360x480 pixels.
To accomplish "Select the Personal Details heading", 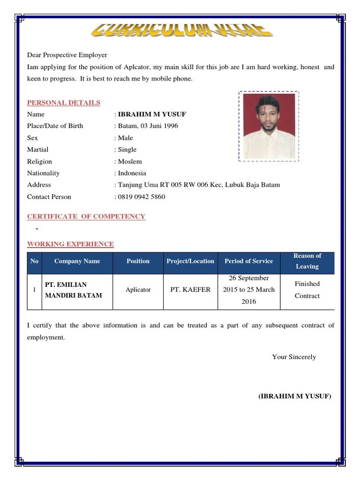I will [63, 103].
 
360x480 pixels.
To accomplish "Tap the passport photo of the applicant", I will [269, 125].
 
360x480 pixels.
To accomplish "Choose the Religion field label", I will [39, 161].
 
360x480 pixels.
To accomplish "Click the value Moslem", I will [130, 161].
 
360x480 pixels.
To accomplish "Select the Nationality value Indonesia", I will [132, 173].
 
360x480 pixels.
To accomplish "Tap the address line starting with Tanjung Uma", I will [199, 185].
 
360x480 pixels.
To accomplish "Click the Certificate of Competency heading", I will [86, 216].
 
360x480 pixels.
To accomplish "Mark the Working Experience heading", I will [70, 244].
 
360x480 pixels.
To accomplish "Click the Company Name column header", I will [77, 261].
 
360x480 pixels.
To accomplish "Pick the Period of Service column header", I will [248, 261].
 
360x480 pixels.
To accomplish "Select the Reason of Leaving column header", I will [307, 261].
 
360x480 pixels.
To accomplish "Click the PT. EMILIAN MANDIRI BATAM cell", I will [73, 290].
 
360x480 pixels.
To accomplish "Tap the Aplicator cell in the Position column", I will [138, 290].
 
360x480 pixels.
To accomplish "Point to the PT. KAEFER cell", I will [190, 290].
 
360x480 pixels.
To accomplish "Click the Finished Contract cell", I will [307, 290].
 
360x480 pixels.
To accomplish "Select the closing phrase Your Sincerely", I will [294, 357].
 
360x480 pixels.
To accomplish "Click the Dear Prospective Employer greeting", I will [67, 55].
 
